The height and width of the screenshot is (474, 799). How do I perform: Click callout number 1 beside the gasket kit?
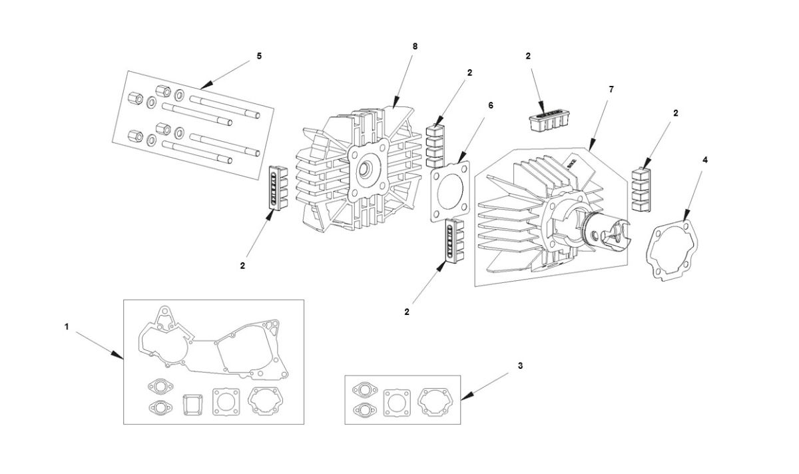tap(67, 326)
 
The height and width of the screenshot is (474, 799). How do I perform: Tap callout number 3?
tap(520, 365)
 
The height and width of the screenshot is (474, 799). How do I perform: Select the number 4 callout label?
tap(705, 160)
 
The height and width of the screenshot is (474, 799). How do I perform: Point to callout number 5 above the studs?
tap(259, 56)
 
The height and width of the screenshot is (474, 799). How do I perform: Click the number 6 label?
tap(491, 105)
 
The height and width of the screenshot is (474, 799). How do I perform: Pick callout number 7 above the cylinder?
tap(611, 89)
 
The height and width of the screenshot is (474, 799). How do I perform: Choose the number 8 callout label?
tap(415, 46)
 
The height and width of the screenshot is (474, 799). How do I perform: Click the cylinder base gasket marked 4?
tap(674, 253)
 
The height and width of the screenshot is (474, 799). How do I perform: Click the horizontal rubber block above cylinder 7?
tap(547, 121)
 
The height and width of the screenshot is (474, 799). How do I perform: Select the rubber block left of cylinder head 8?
tap(278, 187)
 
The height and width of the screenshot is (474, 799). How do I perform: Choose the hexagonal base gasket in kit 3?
tap(434, 401)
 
